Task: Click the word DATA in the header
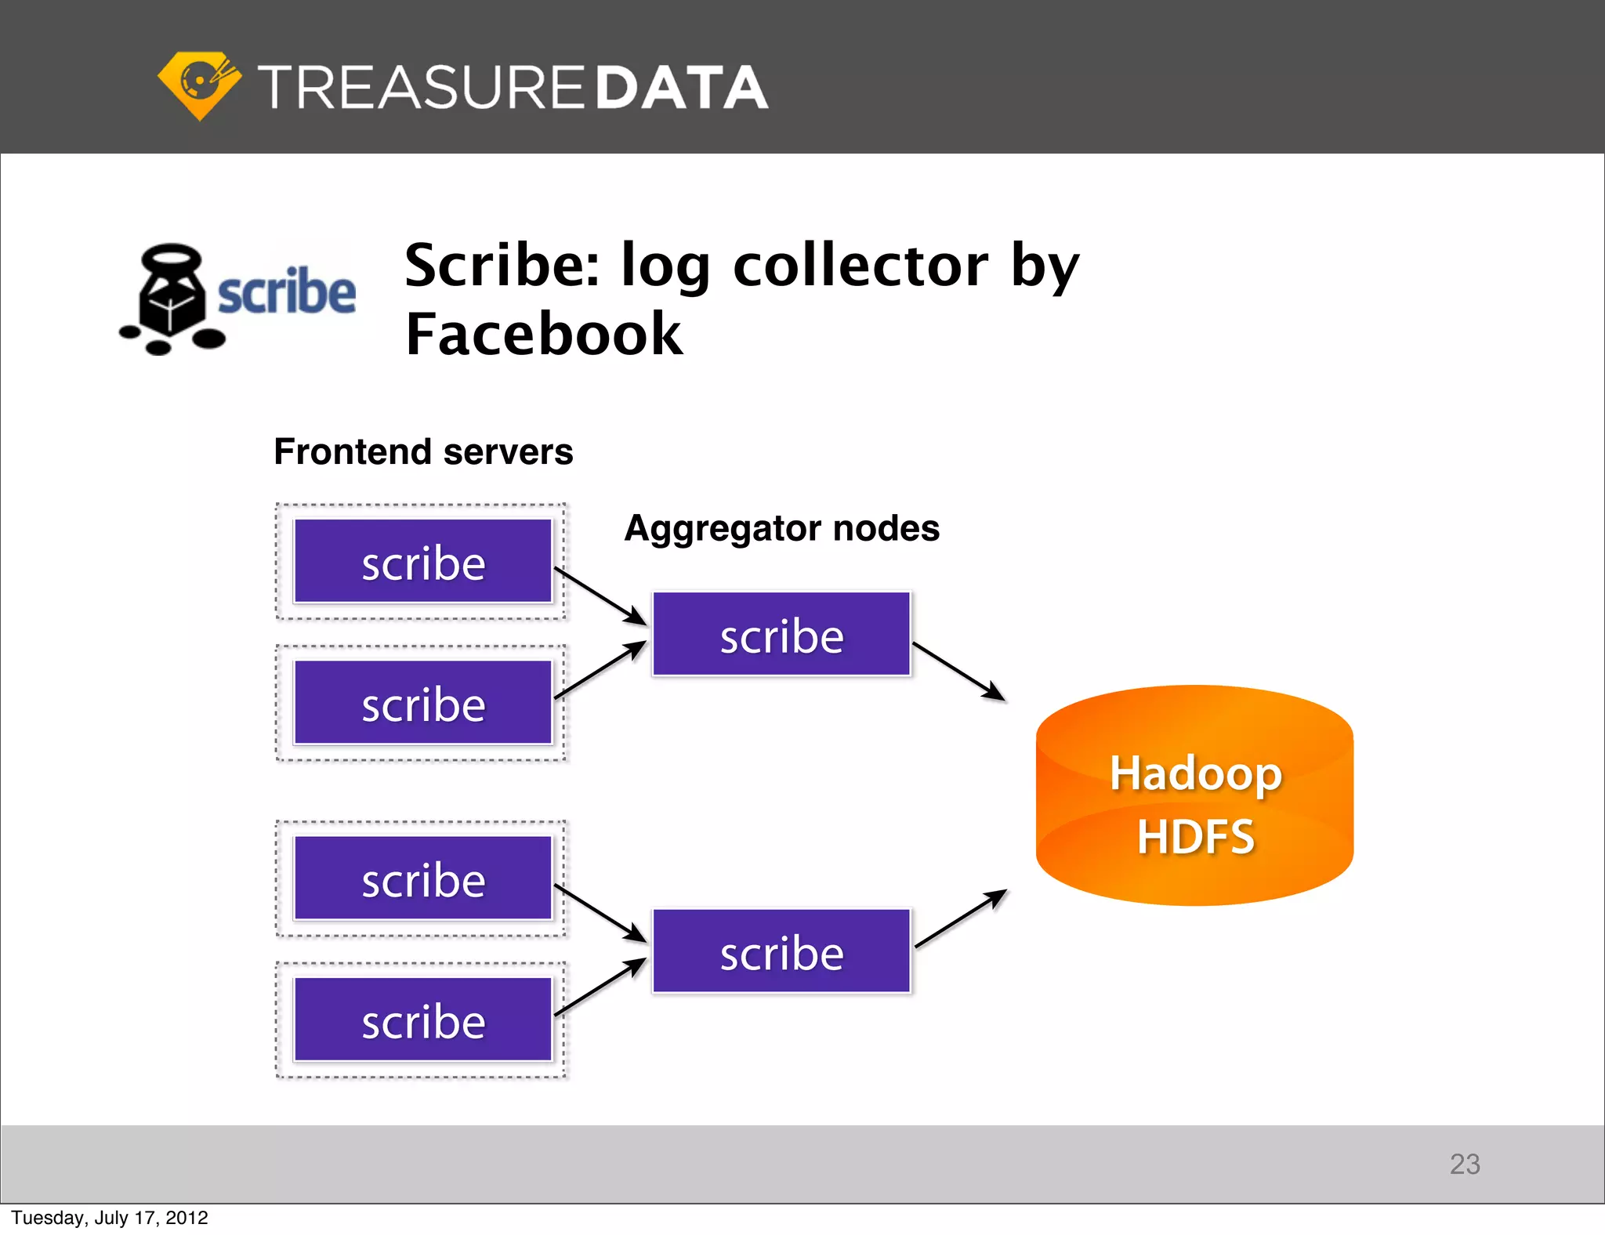click(x=681, y=87)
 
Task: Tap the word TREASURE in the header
click(x=421, y=87)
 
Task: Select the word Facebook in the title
click(x=544, y=334)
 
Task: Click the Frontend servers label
click(x=423, y=452)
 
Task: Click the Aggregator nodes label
click(x=781, y=528)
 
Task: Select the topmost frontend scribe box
click(x=423, y=562)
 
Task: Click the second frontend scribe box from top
click(x=423, y=703)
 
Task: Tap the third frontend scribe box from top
click(x=423, y=878)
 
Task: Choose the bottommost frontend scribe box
click(x=423, y=1020)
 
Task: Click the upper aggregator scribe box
click(x=781, y=634)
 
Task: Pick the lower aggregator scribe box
click(x=781, y=951)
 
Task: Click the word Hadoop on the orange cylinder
click(x=1195, y=773)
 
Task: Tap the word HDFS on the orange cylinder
click(x=1195, y=836)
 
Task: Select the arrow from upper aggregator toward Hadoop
click(x=958, y=672)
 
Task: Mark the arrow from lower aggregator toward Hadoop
click(x=960, y=918)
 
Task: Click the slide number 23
click(x=1464, y=1164)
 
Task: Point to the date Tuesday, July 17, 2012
click(x=110, y=1218)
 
